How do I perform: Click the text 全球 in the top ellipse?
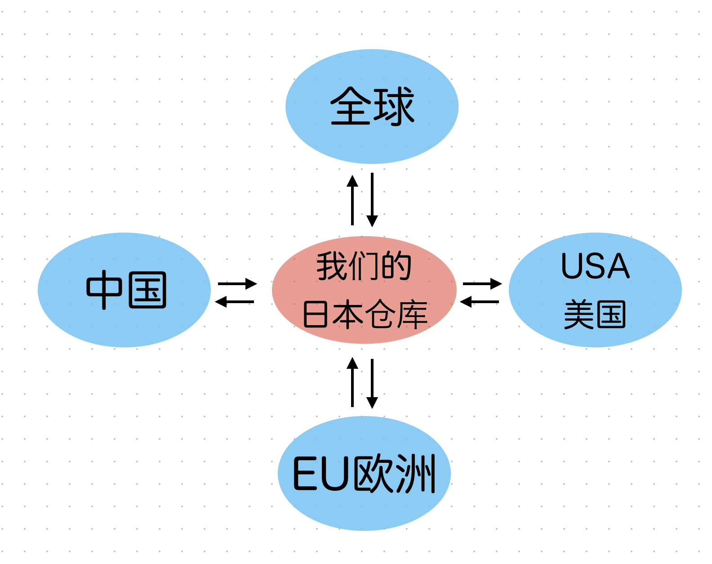tap(372, 107)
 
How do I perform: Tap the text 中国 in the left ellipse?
tap(126, 290)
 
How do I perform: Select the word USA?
tap(595, 266)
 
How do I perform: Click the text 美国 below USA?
tap(595, 314)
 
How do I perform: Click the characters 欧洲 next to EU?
tap(395, 474)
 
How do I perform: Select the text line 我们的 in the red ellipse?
tap(364, 266)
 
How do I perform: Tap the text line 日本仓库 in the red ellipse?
tap(365, 314)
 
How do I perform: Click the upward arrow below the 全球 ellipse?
tap(352, 200)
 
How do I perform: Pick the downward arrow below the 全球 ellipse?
tap(372, 200)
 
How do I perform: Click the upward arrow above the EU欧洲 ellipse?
tap(352, 382)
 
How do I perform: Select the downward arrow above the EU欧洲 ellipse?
tap(372, 383)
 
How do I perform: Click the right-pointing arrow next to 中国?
tap(237, 284)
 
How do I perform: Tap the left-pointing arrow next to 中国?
tap(235, 301)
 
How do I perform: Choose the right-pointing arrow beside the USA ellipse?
tap(482, 284)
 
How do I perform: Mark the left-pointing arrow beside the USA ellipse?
tap(480, 301)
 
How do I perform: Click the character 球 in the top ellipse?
tap(393, 107)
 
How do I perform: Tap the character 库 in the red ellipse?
tap(412, 314)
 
